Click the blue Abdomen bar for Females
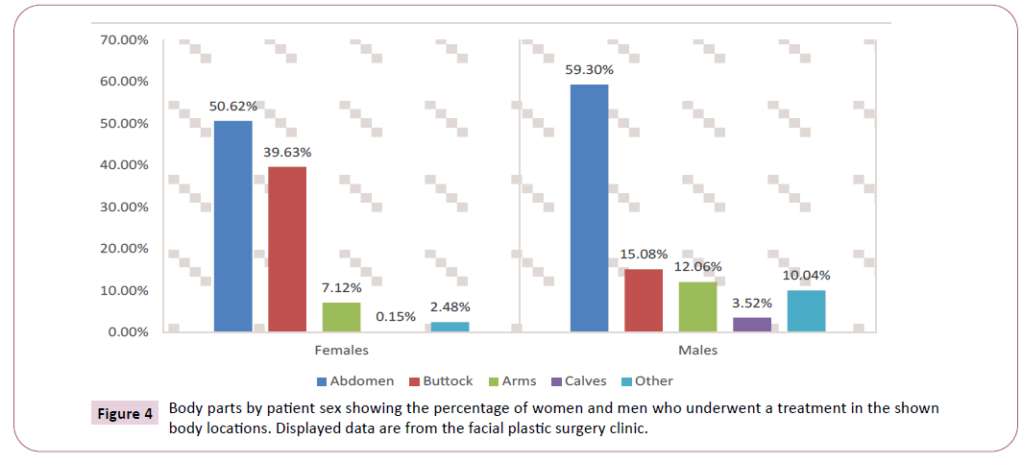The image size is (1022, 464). coord(232,226)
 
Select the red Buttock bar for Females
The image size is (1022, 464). coord(287,249)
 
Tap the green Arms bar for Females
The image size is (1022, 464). coord(341,317)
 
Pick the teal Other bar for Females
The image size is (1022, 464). coord(450,327)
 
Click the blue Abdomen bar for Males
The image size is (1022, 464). coord(589,208)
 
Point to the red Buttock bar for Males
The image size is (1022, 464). coord(643,300)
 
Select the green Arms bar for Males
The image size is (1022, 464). coord(697,306)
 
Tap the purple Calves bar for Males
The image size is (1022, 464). coord(751,324)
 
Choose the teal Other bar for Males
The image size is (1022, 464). coord(805,310)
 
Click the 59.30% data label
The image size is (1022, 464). coord(589,69)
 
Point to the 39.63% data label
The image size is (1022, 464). coord(288,151)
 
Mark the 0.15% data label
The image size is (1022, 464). coord(396,315)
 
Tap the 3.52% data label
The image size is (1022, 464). coord(752,302)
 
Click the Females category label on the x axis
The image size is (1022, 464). coord(341,351)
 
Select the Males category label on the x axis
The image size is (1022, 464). coord(697,351)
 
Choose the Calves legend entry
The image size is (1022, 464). coord(578,381)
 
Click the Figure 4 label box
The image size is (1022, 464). coord(125,415)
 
